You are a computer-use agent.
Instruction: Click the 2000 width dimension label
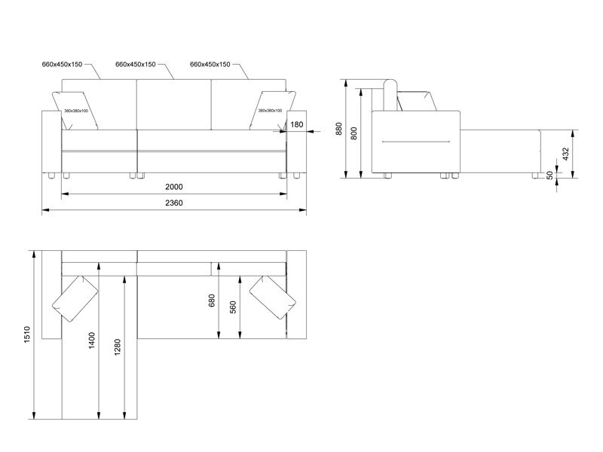coord(174,187)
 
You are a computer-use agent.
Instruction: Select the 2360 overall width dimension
coord(174,203)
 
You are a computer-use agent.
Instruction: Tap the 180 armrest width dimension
coord(296,124)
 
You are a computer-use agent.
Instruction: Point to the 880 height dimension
coord(338,129)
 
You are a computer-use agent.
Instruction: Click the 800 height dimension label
coord(354,133)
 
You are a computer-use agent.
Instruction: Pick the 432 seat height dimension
coord(565,154)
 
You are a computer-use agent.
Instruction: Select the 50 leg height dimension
coord(550,175)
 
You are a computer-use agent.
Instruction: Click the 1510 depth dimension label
coord(27,334)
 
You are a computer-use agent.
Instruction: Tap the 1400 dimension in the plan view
coord(91,341)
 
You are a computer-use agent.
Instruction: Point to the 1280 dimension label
coord(118,347)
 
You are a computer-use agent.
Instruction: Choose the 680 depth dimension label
coord(211,301)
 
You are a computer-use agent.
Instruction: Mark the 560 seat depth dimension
coord(233,307)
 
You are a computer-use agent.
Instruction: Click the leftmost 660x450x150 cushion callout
coord(62,64)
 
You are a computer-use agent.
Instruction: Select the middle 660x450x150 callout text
coord(136,64)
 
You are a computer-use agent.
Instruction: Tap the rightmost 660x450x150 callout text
coord(210,64)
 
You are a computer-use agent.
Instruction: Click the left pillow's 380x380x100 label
coord(76,111)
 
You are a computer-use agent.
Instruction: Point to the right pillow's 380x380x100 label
coord(270,111)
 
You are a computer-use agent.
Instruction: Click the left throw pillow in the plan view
coord(75,298)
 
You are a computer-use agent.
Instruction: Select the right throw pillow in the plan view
coord(273,298)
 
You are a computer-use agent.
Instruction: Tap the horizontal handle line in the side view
coord(416,142)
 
